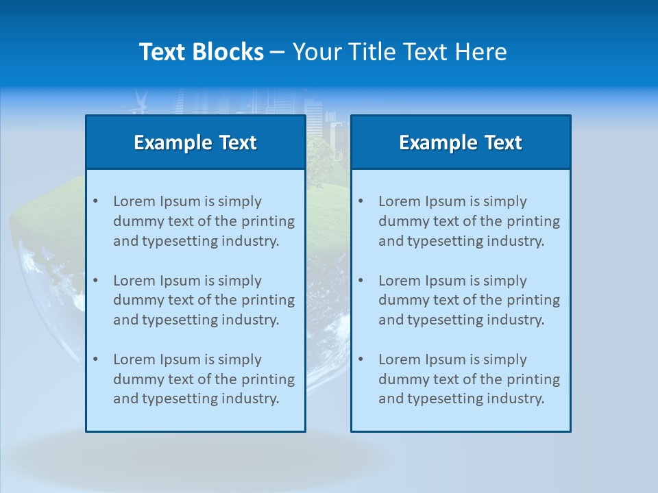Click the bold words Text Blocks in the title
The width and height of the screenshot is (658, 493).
click(x=201, y=52)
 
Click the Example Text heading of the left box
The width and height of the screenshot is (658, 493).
click(x=195, y=142)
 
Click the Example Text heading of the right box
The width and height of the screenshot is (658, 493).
click(x=461, y=142)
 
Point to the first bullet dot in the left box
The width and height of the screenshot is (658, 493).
click(x=96, y=201)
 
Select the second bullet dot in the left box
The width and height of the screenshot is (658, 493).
click(x=96, y=281)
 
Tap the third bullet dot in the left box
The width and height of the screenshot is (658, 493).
click(x=96, y=359)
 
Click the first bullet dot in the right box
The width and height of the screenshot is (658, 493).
click(x=361, y=201)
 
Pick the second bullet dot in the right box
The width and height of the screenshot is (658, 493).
click(x=361, y=281)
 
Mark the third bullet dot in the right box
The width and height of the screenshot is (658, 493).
click(x=361, y=359)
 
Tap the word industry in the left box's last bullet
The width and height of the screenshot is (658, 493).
click(x=249, y=399)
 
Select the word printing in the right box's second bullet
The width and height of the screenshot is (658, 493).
click(x=534, y=300)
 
